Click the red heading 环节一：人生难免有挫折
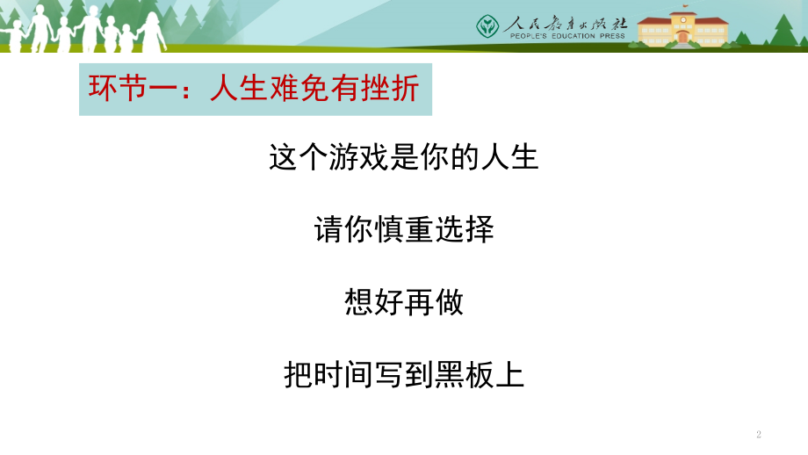(x=254, y=88)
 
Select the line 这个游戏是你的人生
(x=403, y=156)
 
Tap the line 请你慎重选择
(x=404, y=229)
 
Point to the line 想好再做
(x=404, y=302)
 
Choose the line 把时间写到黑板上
(x=404, y=374)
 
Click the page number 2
(x=759, y=435)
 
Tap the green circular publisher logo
(x=487, y=26)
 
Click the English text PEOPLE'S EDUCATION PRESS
(x=567, y=36)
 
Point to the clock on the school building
(x=683, y=20)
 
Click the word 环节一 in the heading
(x=133, y=88)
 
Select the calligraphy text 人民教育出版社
(x=566, y=23)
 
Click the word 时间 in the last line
(x=343, y=374)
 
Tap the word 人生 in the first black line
(x=509, y=156)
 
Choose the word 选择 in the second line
(x=465, y=229)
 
